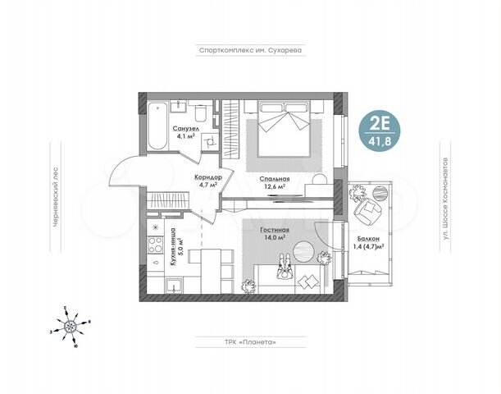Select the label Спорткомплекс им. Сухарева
pos(250,49)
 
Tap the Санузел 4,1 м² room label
pos(184,134)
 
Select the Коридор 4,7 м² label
pos(206,181)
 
